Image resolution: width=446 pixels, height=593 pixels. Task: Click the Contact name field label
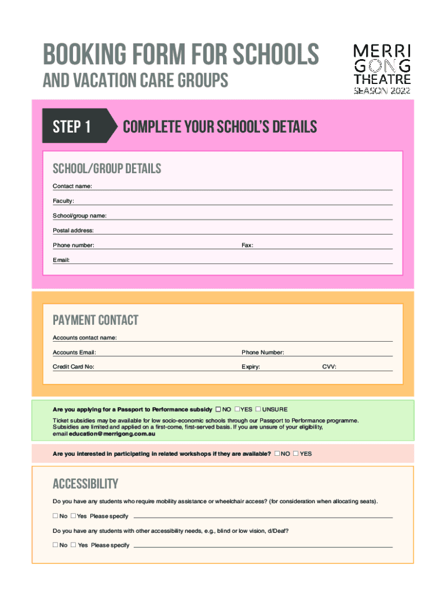72,186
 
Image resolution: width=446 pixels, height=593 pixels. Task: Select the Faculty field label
63,201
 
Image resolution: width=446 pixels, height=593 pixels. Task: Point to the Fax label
247,246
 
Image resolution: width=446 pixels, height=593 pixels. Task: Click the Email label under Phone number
61,261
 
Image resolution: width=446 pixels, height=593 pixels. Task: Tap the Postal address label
73,230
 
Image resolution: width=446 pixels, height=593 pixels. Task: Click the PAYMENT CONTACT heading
96,320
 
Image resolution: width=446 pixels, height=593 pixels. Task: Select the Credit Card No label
74,367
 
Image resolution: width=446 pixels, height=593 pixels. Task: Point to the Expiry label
251,367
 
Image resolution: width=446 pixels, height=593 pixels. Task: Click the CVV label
329,367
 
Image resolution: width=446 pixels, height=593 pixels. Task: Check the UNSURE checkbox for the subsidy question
258,409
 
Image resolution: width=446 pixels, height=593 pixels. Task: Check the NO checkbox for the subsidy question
218,409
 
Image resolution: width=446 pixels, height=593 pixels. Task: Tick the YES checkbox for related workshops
295,453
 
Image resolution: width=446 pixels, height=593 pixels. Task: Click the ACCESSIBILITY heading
86,484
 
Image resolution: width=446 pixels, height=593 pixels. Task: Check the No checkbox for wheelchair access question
56,516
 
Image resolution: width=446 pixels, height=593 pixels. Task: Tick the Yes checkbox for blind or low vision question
74,545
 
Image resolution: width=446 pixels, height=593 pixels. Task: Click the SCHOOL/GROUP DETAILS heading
107,169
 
